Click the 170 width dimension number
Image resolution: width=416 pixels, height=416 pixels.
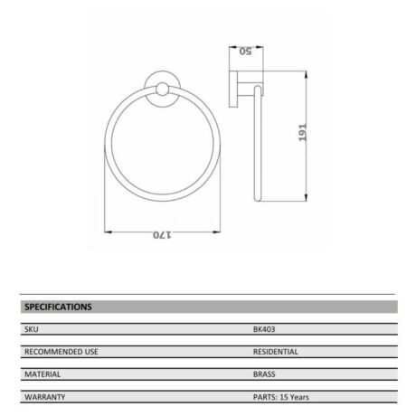point(162,235)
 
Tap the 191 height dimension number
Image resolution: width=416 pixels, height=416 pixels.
point(302,132)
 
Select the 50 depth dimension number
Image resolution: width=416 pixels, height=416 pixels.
point(245,52)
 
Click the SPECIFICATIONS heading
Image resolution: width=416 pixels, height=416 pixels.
point(58,307)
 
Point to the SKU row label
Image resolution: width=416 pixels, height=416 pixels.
point(32,329)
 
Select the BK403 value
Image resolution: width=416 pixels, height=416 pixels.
point(264,329)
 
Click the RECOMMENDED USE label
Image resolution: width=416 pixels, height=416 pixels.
point(61,352)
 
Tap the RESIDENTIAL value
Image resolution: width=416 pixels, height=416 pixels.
point(276,352)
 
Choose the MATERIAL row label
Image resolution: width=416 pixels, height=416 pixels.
point(43,374)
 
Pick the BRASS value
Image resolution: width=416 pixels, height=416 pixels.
point(264,374)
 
